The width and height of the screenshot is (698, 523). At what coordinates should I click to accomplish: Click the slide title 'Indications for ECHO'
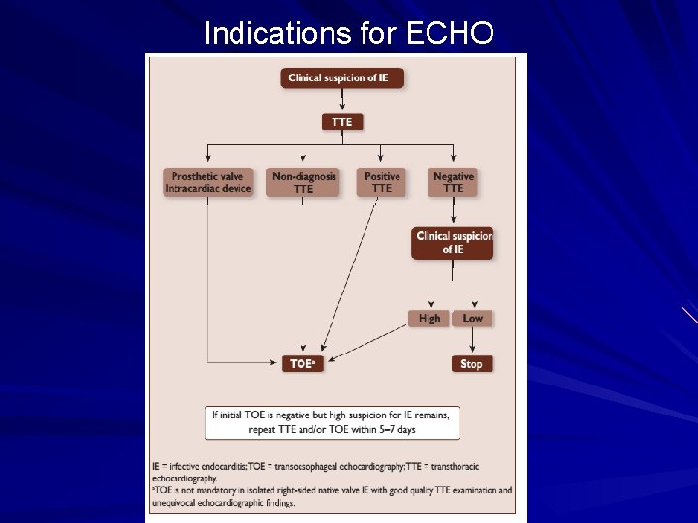[x=349, y=34]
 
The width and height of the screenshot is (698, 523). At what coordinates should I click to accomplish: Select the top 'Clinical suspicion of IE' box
[x=341, y=77]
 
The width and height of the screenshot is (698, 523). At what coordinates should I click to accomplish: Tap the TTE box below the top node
[x=341, y=122]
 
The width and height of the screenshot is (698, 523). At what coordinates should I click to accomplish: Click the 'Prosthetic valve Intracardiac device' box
[x=208, y=182]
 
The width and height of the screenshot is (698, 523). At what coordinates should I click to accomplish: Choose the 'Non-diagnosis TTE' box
[x=303, y=182]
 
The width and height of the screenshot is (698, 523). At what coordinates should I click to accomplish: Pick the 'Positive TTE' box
[x=381, y=182]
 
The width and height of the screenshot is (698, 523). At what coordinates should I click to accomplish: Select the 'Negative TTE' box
[x=453, y=182]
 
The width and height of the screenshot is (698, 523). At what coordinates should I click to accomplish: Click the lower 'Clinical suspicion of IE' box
[x=454, y=242]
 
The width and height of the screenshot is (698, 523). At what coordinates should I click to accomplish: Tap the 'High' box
[x=429, y=318]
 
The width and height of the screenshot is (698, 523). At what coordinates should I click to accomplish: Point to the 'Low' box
[x=472, y=318]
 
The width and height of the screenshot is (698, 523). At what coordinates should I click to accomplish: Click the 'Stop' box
[x=471, y=364]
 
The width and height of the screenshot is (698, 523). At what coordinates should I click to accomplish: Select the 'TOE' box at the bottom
[x=302, y=364]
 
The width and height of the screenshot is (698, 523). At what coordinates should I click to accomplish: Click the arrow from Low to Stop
[x=472, y=341]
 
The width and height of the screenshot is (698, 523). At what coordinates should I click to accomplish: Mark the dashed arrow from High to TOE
[x=368, y=340]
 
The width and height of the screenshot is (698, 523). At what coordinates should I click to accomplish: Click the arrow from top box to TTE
[x=341, y=101]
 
